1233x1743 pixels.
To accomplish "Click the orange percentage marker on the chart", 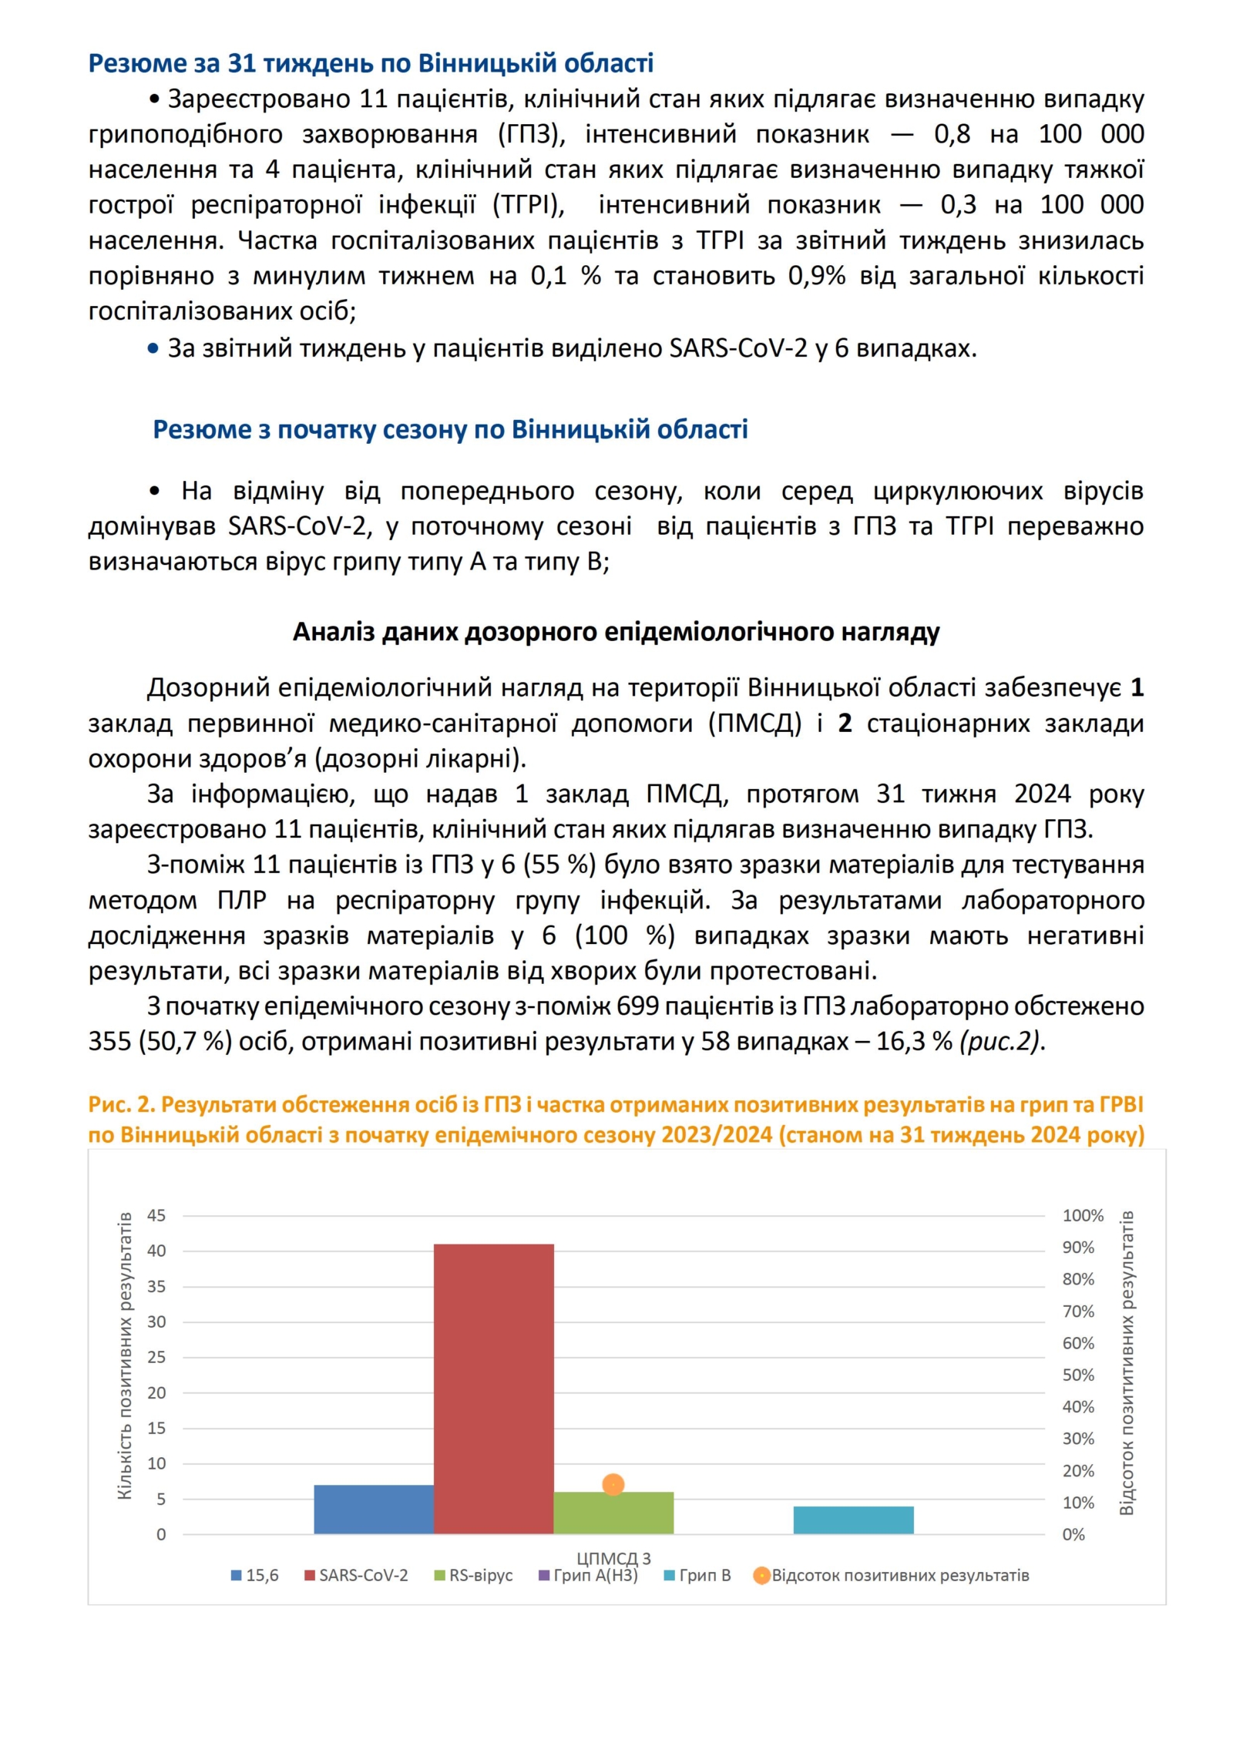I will tap(613, 1484).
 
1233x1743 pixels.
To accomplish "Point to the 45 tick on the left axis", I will tap(156, 1215).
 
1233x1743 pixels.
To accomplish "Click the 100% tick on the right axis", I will tap(1083, 1215).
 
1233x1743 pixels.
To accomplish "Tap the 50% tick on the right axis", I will tap(1078, 1375).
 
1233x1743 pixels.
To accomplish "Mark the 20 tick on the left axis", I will tap(156, 1392).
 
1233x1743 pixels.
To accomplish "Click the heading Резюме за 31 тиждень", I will tap(371, 62).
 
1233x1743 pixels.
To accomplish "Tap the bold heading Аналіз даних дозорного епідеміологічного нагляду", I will tap(616, 632).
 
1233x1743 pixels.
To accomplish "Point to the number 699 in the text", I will tap(635, 1006).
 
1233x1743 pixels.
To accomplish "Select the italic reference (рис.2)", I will tap(1001, 1041).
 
